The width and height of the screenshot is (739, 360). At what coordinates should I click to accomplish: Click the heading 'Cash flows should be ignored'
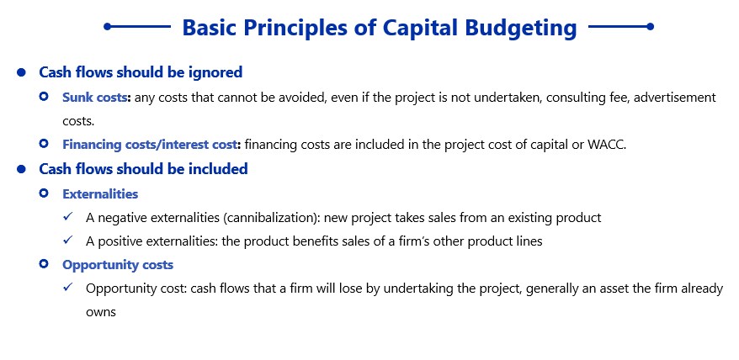pyautogui.click(x=141, y=72)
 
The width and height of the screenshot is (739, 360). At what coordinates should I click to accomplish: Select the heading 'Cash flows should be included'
pyautogui.click(x=143, y=168)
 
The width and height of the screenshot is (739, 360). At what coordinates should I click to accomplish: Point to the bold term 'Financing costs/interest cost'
pyautogui.click(x=150, y=144)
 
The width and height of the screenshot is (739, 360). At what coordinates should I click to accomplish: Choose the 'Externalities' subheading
pyautogui.click(x=100, y=193)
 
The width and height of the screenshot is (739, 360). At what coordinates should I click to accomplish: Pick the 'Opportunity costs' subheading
pyautogui.click(x=118, y=265)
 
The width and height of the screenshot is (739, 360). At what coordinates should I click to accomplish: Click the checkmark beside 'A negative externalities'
pyautogui.click(x=68, y=217)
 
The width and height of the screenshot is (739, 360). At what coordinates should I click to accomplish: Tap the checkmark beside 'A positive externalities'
pyautogui.click(x=68, y=241)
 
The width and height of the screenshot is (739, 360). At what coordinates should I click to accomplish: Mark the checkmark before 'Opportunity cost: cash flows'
pyautogui.click(x=68, y=288)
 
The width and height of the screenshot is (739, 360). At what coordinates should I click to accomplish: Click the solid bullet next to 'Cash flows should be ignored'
pyautogui.click(x=21, y=72)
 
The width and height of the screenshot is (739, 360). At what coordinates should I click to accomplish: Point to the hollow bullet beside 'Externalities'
pyautogui.click(x=44, y=193)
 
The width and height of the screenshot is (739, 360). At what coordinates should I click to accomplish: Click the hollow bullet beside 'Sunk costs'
pyautogui.click(x=44, y=96)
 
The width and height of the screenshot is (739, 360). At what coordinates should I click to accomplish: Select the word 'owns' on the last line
pyautogui.click(x=101, y=312)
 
